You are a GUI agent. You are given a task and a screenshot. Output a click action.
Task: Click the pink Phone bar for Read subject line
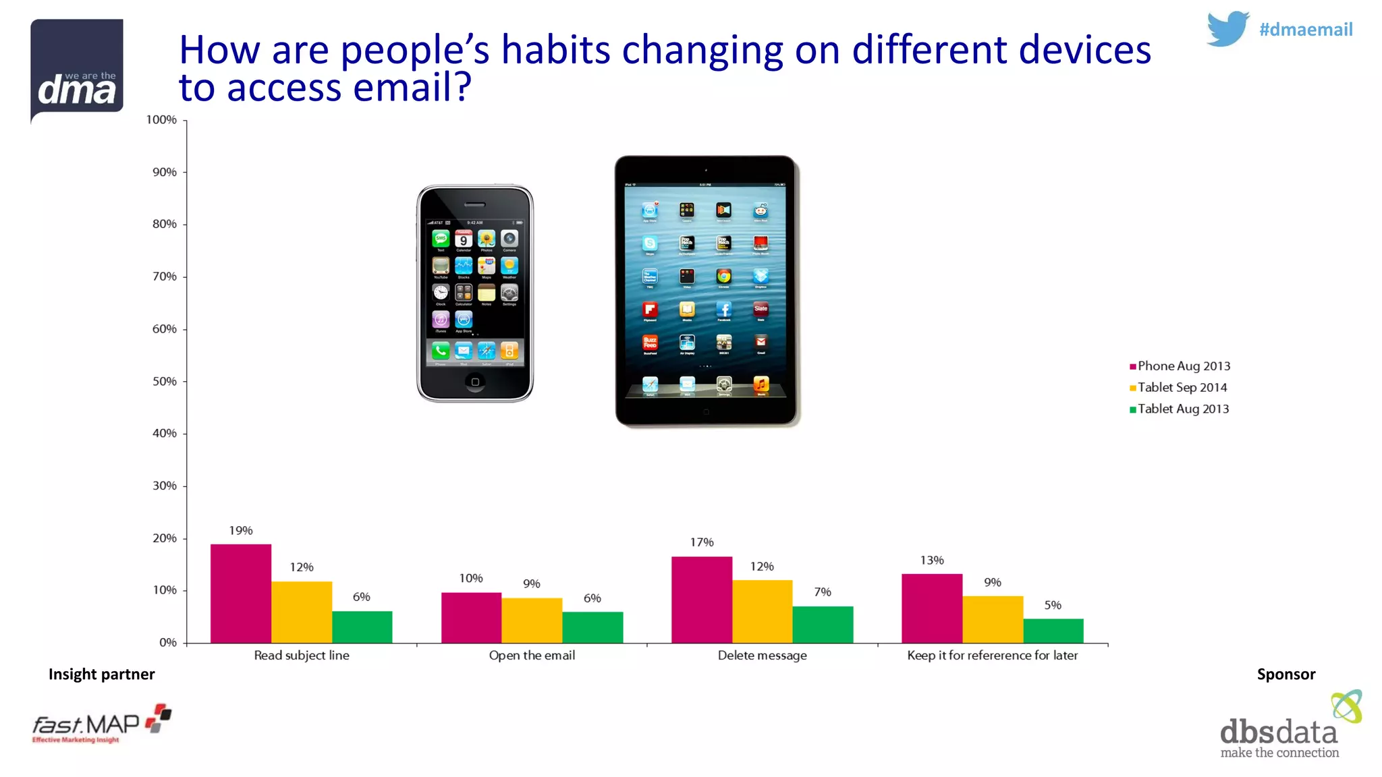[241, 593]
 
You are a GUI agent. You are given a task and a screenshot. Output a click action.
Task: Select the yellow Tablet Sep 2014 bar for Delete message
[762, 611]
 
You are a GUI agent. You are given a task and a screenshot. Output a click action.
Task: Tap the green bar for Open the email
[592, 627]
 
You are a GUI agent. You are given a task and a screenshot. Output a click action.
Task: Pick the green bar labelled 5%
[1053, 631]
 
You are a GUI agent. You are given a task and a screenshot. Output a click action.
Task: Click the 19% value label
[241, 531]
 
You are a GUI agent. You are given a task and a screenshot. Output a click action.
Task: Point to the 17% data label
[702, 542]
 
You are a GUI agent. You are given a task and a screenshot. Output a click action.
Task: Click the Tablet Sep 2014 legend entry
[1182, 388]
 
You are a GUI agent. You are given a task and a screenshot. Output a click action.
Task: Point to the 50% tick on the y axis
[165, 382]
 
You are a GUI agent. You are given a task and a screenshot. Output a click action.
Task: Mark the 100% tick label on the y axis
[162, 120]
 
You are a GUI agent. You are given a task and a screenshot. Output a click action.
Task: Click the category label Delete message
[762, 656]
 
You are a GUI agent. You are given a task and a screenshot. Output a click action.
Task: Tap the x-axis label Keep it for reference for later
[992, 656]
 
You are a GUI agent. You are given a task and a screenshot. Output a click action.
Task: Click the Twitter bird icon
[1227, 28]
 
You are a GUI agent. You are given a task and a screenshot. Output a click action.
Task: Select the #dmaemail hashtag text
[1306, 30]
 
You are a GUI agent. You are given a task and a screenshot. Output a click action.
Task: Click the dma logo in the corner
[77, 70]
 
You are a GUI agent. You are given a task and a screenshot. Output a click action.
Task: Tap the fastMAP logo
[101, 724]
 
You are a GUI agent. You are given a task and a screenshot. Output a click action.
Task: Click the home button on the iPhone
[475, 382]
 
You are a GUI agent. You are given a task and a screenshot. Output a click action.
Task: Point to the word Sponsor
[1286, 674]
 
